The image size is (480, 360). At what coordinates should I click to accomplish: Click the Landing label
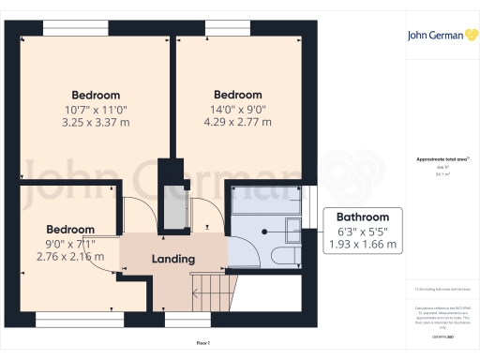[172, 259]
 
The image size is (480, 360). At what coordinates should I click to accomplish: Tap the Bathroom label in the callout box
[364, 217]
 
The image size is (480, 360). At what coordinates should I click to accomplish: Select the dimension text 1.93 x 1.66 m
[364, 245]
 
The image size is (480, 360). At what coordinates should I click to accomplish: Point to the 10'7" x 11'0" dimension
[96, 109]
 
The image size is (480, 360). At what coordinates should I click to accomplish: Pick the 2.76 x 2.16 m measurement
[69, 256]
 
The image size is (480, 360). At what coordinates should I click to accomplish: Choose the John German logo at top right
[440, 37]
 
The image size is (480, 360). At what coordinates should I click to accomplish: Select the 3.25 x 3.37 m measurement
[96, 123]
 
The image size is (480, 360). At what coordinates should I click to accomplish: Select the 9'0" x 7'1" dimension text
[69, 243]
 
